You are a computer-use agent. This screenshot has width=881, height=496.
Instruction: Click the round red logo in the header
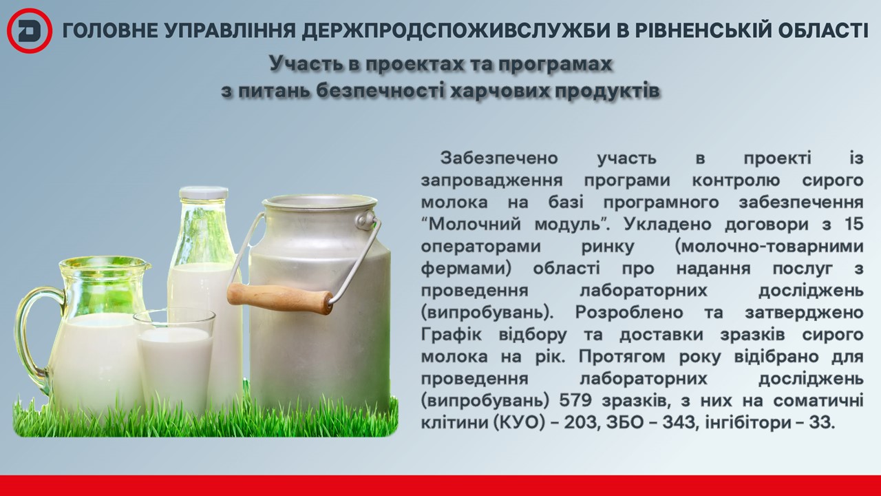(30, 31)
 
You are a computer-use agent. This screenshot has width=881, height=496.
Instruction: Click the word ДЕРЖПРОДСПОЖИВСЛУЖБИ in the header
(456, 31)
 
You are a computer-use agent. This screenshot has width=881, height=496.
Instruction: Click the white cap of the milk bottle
(204, 192)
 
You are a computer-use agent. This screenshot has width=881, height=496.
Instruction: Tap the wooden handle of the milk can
(280, 297)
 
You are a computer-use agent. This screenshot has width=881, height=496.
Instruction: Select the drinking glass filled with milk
(174, 362)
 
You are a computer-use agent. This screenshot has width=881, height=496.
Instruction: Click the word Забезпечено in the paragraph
(499, 158)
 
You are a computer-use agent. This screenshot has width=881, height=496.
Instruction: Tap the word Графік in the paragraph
(451, 335)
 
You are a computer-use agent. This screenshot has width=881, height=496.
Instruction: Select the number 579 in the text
(575, 400)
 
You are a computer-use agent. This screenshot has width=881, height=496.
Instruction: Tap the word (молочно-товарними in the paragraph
(769, 247)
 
